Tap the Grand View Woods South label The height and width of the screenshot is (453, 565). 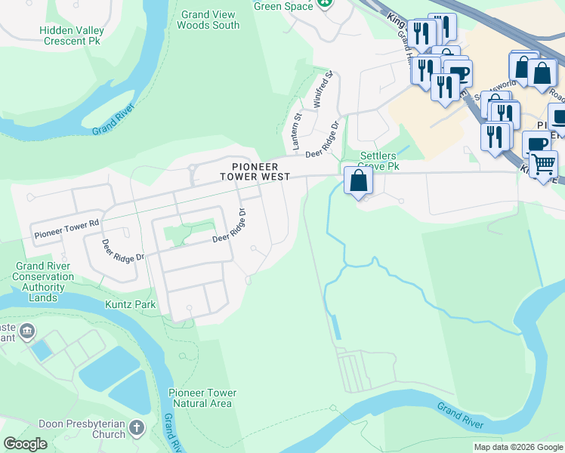[x=208, y=20]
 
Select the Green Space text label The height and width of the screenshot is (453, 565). [x=282, y=6]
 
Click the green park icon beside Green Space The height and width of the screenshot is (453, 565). [x=324, y=3]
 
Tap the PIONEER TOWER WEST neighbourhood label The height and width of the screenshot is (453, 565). [x=255, y=171]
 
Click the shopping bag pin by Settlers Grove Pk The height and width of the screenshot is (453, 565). [x=358, y=182]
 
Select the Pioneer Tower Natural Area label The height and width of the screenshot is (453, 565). [x=202, y=398]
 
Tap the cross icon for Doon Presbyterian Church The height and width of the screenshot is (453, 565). [x=137, y=427]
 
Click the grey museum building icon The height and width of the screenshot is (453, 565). [x=27, y=331]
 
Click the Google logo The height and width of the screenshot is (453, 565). [x=25, y=444]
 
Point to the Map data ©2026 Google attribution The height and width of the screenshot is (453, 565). [x=517, y=447]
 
